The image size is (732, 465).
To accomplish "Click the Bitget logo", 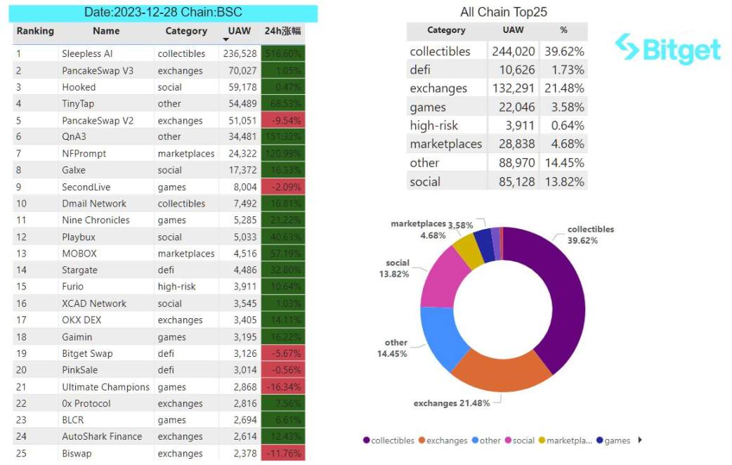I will (x=667, y=48).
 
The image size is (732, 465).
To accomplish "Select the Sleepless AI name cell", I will (x=87, y=53).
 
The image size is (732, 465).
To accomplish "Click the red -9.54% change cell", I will (x=283, y=121).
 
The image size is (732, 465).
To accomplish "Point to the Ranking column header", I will (x=35, y=31).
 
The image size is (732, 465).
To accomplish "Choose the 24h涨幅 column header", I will (x=283, y=31).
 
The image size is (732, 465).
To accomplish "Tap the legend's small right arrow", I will (x=640, y=440).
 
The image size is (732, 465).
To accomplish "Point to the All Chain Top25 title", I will (x=503, y=12).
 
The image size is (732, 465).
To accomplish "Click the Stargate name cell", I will (x=79, y=270).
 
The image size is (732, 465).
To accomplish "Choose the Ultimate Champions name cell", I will (x=105, y=387).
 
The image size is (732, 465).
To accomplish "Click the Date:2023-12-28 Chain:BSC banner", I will (x=162, y=13).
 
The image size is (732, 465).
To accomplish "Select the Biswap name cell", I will (x=77, y=453).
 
